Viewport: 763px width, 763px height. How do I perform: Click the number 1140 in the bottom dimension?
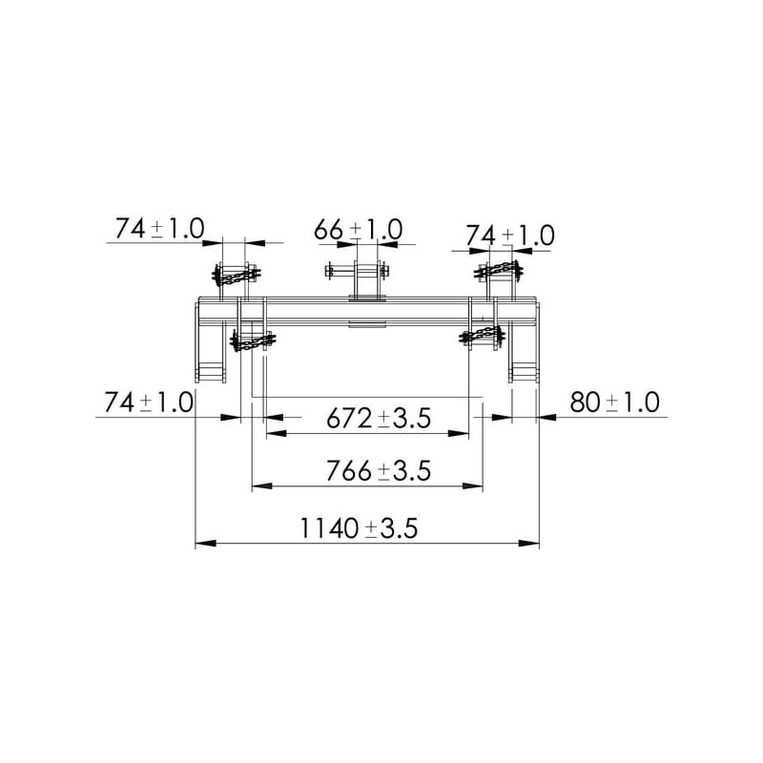[x=329, y=528]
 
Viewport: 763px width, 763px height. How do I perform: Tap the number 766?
[x=348, y=470]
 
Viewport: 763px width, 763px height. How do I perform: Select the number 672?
[x=348, y=418]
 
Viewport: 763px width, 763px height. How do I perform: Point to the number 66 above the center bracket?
[x=328, y=230]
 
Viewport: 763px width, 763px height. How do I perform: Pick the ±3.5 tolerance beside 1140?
[x=392, y=528]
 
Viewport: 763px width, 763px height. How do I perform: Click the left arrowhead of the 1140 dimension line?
[x=205, y=543]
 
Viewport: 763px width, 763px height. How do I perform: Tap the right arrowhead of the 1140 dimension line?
[x=529, y=543]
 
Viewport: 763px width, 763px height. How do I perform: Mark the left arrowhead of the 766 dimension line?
[x=261, y=485]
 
